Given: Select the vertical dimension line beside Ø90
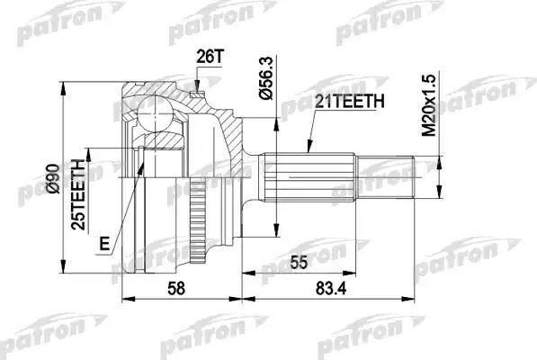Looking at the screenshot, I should point(63,180).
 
